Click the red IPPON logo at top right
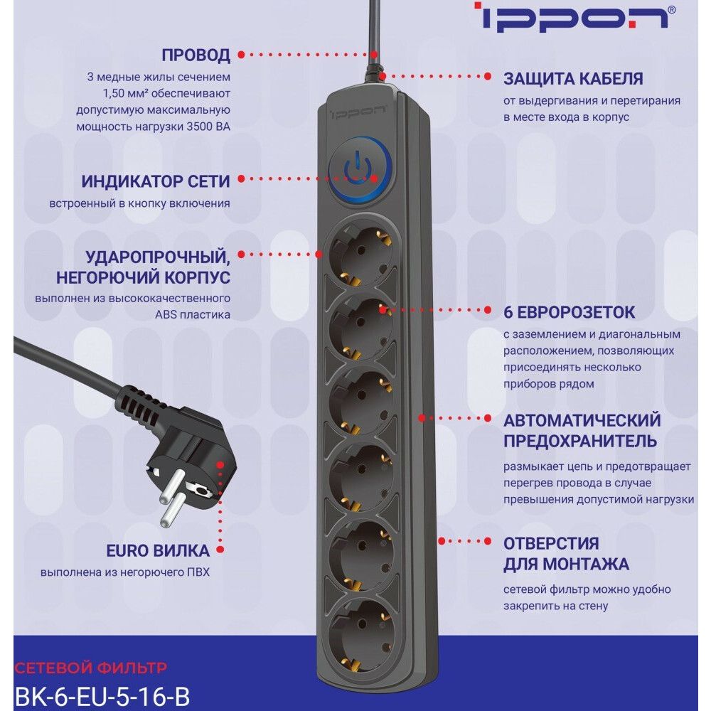pyautogui.click(x=574, y=17)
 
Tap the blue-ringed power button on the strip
pyautogui.click(x=360, y=170)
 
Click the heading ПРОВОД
pyautogui.click(x=196, y=55)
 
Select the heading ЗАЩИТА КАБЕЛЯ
pyautogui.click(x=573, y=78)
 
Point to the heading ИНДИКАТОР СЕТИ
pyautogui.click(x=156, y=181)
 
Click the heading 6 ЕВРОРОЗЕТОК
pyautogui.click(x=569, y=312)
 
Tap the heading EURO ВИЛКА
pyautogui.click(x=158, y=550)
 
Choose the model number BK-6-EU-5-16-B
pyautogui.click(x=102, y=696)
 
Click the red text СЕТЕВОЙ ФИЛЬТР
pyautogui.click(x=91, y=668)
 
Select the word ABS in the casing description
pyautogui.click(x=165, y=315)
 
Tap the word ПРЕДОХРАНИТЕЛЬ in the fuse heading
pyautogui.click(x=580, y=440)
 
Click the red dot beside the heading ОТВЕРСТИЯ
pyautogui.click(x=488, y=541)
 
